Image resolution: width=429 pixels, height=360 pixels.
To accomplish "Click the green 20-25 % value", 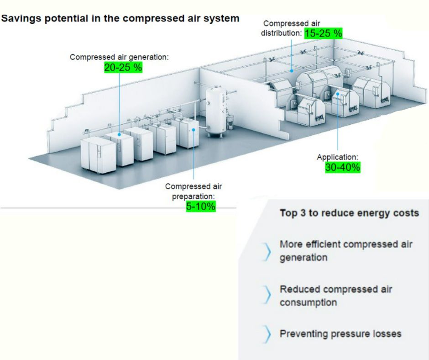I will pos(123,67).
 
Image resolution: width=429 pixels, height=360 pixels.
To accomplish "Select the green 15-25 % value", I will pos(323,33).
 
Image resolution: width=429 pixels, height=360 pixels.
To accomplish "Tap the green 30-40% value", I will pos(343,168).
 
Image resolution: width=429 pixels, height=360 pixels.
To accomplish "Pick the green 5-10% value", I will pos(200,206).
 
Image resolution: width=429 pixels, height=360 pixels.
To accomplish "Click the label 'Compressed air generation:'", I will pos(119,57).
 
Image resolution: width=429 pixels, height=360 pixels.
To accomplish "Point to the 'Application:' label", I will pos(338,157).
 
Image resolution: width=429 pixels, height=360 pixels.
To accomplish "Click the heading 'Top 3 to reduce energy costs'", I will pos(349,213).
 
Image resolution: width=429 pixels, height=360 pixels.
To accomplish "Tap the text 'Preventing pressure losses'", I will pos(340,334).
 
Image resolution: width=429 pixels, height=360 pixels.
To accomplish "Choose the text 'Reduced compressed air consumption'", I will pos(336,296).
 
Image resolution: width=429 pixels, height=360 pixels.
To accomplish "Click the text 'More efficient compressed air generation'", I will pos(346,250).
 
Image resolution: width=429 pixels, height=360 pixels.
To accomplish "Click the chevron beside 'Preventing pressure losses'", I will pos(267,334).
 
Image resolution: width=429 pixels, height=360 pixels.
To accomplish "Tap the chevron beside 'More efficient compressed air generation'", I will pos(267,251).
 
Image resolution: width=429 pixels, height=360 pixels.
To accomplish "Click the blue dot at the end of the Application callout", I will pos(338,94).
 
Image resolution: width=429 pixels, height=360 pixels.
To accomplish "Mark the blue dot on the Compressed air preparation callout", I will pos(194,130).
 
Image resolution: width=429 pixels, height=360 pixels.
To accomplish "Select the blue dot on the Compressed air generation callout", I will pos(119,134).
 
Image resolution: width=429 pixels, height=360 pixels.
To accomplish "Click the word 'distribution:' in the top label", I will pos(281,33).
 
